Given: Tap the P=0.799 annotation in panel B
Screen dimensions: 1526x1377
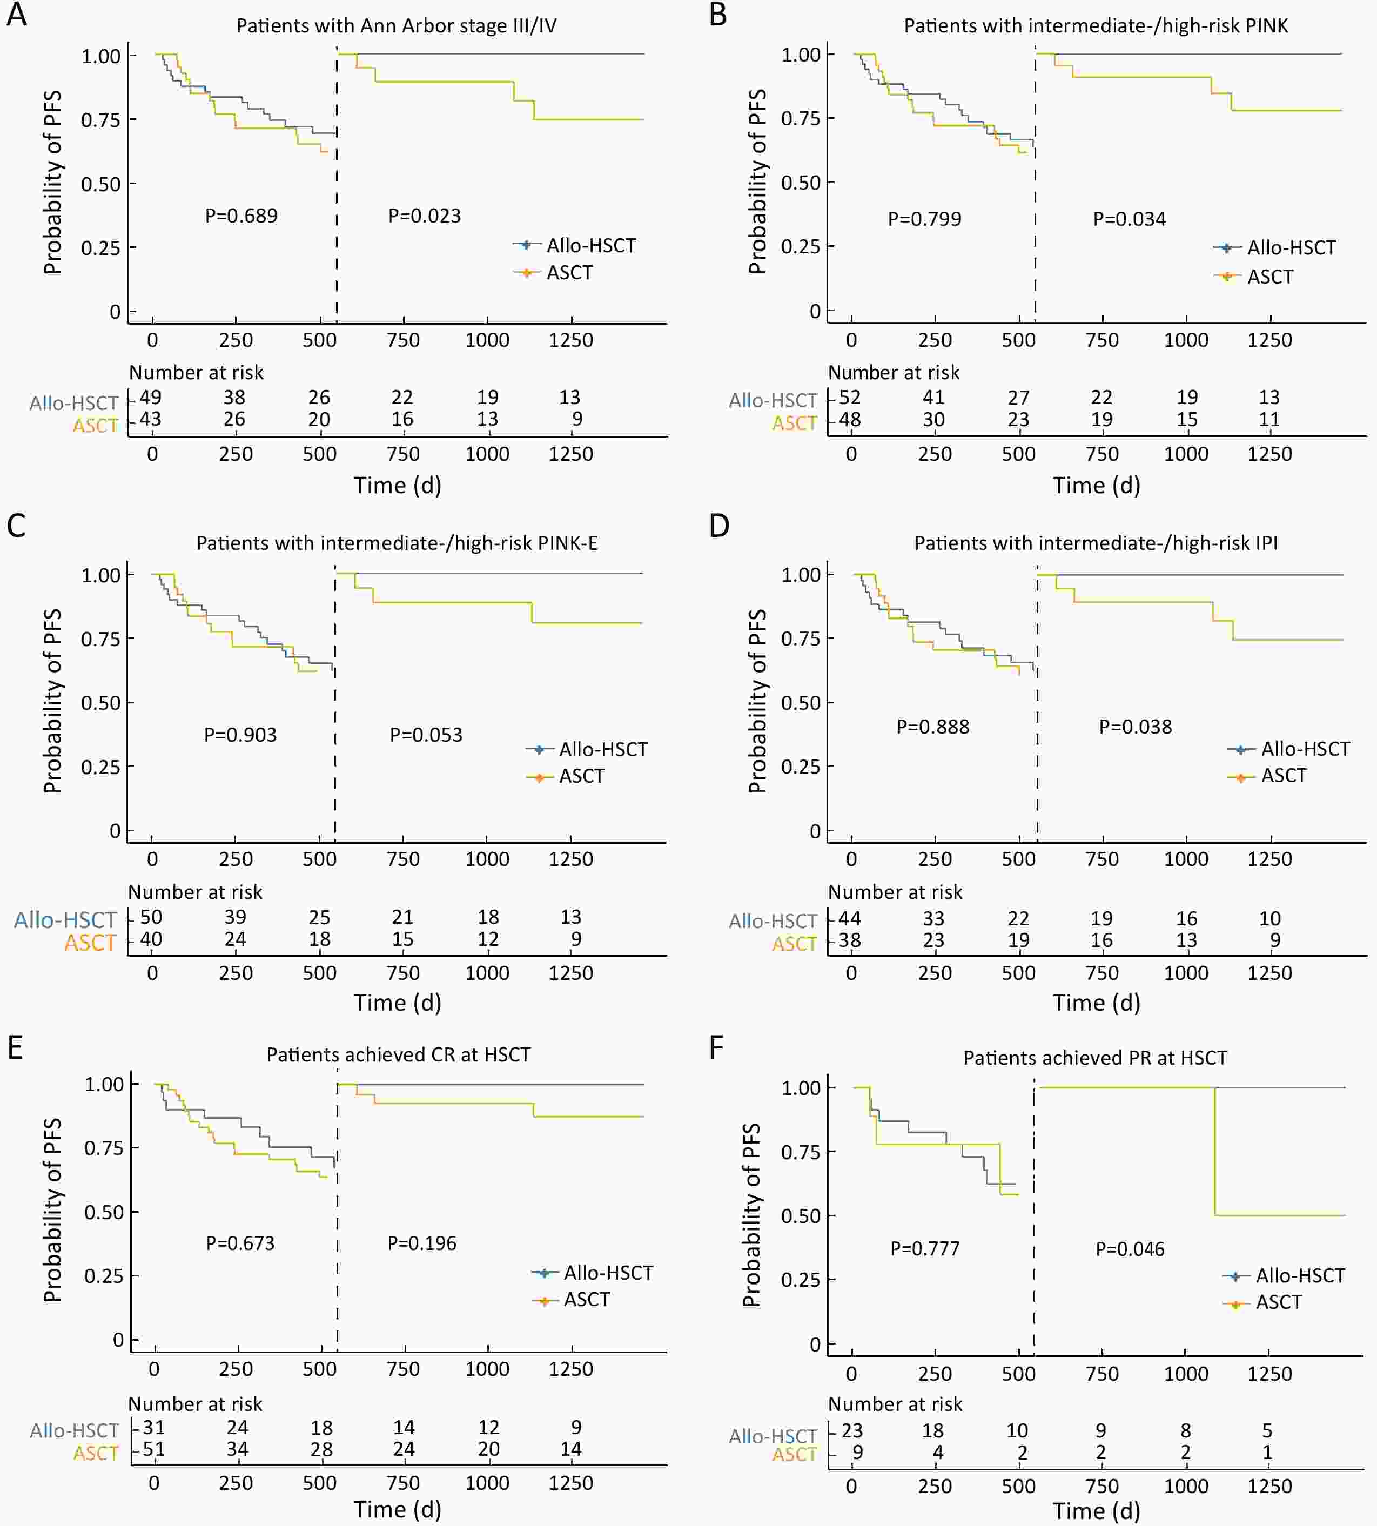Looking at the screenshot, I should (924, 219).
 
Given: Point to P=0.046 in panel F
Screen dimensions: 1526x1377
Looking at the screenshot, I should (1130, 1249).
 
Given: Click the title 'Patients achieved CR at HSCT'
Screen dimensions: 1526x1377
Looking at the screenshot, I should (398, 1054).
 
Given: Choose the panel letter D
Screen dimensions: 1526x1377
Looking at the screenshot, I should (719, 526).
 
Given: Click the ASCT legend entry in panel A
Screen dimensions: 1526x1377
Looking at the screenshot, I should (569, 272).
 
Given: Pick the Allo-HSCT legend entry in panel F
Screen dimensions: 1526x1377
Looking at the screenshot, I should (1300, 1275).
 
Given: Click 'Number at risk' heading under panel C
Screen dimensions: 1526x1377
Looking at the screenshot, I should (195, 892).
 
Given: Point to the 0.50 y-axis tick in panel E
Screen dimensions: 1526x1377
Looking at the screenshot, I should (104, 1212).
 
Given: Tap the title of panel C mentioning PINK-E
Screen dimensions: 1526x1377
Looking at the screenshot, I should (397, 543).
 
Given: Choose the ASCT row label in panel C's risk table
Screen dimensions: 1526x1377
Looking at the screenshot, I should (90, 943).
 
